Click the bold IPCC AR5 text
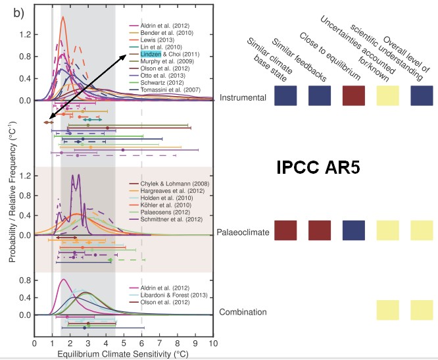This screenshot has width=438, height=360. [x=326, y=168]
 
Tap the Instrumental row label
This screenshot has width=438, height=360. [x=243, y=97]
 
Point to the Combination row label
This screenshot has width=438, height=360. [x=243, y=312]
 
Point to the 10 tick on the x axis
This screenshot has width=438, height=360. [x=212, y=343]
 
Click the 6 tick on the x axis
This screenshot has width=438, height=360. [x=141, y=343]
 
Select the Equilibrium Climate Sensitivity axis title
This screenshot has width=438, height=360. [x=124, y=353]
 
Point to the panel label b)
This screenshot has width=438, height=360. [x=20, y=13]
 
